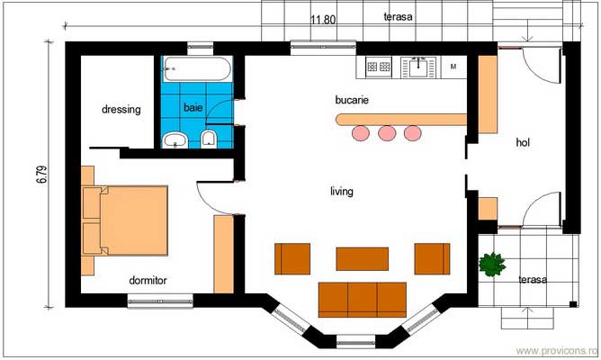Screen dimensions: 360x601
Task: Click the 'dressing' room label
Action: coord(121,110)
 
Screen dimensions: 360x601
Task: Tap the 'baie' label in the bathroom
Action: coord(193,107)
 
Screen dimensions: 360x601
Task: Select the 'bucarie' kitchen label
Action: coord(353,100)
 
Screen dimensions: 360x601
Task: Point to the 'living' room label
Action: coord(341,191)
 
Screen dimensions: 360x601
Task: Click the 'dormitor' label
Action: coord(148,280)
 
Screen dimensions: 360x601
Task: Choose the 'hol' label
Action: coord(524,142)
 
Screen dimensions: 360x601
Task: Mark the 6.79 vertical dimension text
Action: coord(41,174)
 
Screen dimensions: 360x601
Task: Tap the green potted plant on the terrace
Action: coord(491,265)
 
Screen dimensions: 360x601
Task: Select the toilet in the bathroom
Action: coord(209,138)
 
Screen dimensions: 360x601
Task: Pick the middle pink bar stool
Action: coord(387,133)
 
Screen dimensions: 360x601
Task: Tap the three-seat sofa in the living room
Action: coord(362,297)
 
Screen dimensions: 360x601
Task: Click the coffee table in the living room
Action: coord(362,258)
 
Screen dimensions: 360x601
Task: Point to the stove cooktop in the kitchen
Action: coord(377,66)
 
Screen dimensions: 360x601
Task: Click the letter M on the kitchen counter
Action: coord(453,67)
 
